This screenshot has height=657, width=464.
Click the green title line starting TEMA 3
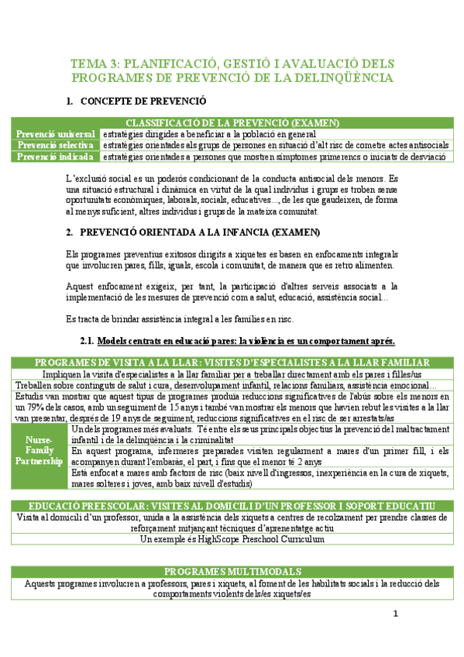tap(232, 63)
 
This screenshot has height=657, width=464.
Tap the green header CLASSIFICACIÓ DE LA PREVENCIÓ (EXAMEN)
tap(232, 122)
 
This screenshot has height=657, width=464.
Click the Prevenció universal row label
tap(57, 133)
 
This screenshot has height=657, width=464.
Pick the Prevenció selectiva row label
tap(57, 145)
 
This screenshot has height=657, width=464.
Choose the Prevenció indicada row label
tap(57, 156)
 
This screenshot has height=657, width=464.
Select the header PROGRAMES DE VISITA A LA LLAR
tap(232, 363)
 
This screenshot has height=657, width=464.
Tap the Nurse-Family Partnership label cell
tap(40, 450)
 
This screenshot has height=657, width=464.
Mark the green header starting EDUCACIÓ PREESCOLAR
tap(232, 505)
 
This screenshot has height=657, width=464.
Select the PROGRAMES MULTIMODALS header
tap(232, 571)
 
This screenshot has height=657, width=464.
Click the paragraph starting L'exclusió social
tap(232, 194)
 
